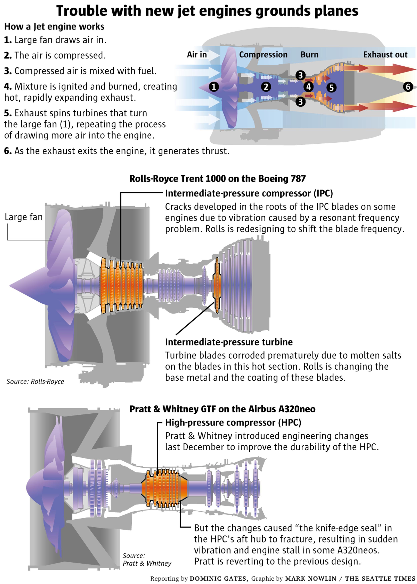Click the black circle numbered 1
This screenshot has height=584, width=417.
click(x=214, y=87)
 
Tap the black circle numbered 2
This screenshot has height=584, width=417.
click(x=266, y=87)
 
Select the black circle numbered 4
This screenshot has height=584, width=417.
click(x=308, y=87)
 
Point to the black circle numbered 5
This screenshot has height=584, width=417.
click(x=331, y=88)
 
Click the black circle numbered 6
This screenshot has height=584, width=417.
click(x=408, y=87)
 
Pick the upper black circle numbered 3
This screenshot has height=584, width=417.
click(x=300, y=75)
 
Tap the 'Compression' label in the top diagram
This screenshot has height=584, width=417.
click(x=263, y=55)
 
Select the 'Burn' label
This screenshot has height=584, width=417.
click(x=309, y=55)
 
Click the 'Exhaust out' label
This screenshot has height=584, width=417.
click(x=385, y=55)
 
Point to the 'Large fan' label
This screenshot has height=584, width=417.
click(x=24, y=217)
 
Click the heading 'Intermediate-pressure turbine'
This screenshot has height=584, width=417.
click(x=229, y=342)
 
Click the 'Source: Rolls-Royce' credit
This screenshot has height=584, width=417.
click(x=35, y=381)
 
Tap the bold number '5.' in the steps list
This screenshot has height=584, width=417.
click(x=8, y=113)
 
